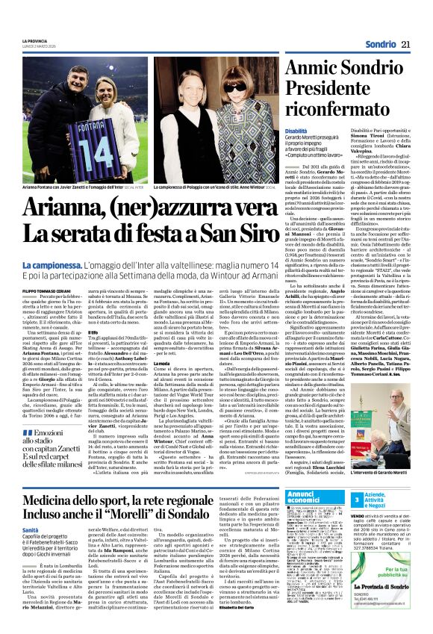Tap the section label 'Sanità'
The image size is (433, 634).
click(x=31, y=528)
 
